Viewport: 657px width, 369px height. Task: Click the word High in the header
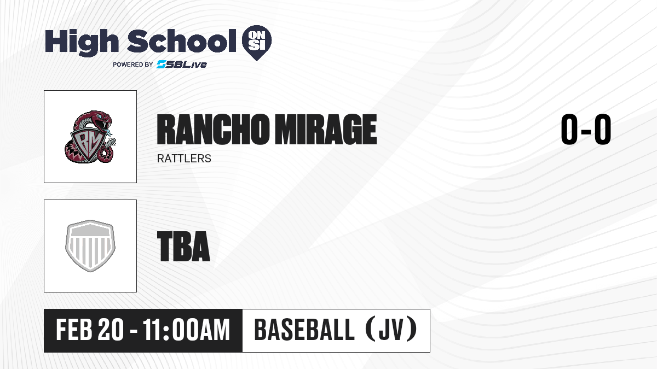click(82, 42)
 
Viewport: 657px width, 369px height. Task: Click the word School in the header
click(182, 41)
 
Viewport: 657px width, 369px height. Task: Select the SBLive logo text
click(182, 64)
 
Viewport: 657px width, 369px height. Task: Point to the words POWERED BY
click(133, 65)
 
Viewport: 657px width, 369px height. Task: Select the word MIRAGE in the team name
click(326, 130)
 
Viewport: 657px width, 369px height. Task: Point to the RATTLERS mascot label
click(184, 159)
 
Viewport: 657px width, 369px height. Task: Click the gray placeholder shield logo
click(90, 245)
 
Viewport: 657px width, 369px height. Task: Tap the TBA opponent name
click(183, 246)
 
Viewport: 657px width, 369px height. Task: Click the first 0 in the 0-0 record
click(569, 129)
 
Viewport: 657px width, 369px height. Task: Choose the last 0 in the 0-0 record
click(603, 129)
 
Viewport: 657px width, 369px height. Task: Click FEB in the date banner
click(74, 330)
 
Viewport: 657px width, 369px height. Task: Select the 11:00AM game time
click(186, 330)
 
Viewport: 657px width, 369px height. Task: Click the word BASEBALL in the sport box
click(304, 330)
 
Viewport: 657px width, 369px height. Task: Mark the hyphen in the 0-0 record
click(586, 130)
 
